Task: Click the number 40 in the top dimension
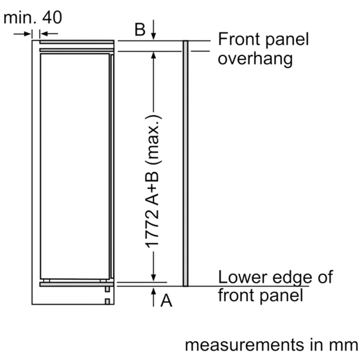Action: (x=52, y=17)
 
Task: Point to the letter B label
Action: (x=140, y=30)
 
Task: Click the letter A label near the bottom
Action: (x=166, y=300)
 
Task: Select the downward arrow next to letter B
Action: (x=153, y=30)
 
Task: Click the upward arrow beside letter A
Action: (x=153, y=297)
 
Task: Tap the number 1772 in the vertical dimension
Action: (x=152, y=228)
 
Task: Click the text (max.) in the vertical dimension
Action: (x=154, y=140)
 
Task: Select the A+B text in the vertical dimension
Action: (x=152, y=188)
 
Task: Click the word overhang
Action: (x=255, y=59)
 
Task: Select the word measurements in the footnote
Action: (x=244, y=345)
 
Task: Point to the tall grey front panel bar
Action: (x=185, y=163)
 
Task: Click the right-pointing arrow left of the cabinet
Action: (x=22, y=34)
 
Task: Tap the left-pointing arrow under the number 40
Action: (x=49, y=34)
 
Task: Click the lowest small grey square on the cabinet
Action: (x=107, y=301)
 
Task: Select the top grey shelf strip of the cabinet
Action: (x=77, y=42)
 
